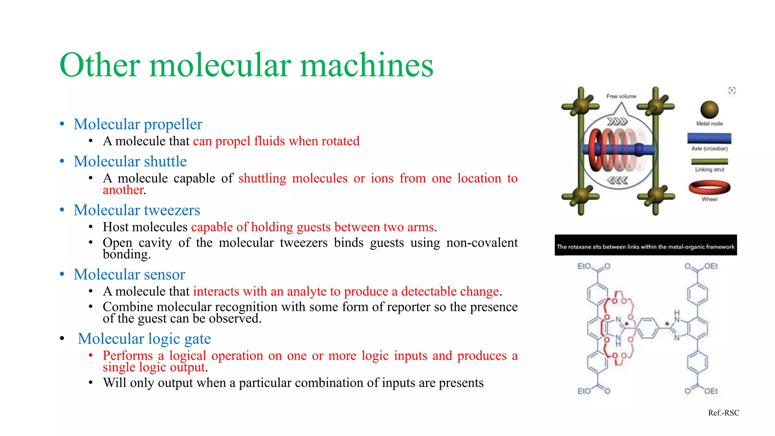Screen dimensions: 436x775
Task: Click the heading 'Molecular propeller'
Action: (x=138, y=124)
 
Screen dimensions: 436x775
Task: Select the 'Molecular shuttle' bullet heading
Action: (x=130, y=161)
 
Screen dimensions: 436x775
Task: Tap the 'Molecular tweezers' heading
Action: (x=137, y=210)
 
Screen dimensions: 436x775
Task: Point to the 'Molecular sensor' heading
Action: (x=129, y=274)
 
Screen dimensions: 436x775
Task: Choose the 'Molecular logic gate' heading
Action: (x=144, y=339)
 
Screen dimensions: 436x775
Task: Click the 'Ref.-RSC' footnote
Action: (x=724, y=413)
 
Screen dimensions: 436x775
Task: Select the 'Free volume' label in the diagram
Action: (x=621, y=97)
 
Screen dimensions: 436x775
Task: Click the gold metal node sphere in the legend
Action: (x=709, y=110)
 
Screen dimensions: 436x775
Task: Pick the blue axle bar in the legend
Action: (x=709, y=139)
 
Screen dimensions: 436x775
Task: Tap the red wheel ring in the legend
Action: (x=709, y=187)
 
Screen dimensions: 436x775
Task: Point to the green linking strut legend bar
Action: (x=709, y=162)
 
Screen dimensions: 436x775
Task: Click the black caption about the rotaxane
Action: (x=646, y=246)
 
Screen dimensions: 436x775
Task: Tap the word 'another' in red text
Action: (x=123, y=190)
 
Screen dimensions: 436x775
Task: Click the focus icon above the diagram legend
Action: (x=732, y=90)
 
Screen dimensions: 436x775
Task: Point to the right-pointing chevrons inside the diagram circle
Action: (x=617, y=121)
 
